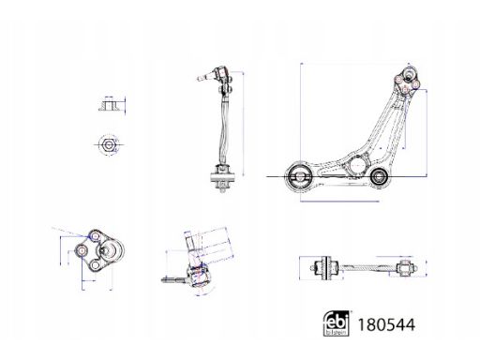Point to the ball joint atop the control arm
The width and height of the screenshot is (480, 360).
(409, 78)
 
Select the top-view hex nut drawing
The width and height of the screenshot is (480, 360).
(106, 144)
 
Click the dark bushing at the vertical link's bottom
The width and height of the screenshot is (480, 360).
(222, 175)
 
